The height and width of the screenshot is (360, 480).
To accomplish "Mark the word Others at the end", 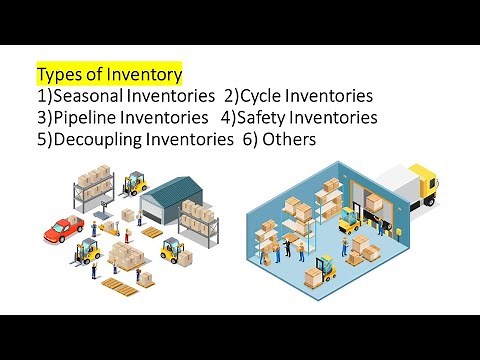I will (289, 140).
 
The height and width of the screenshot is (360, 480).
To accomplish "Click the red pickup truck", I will (62, 232).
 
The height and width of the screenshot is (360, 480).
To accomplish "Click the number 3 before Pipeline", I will (41, 118).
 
